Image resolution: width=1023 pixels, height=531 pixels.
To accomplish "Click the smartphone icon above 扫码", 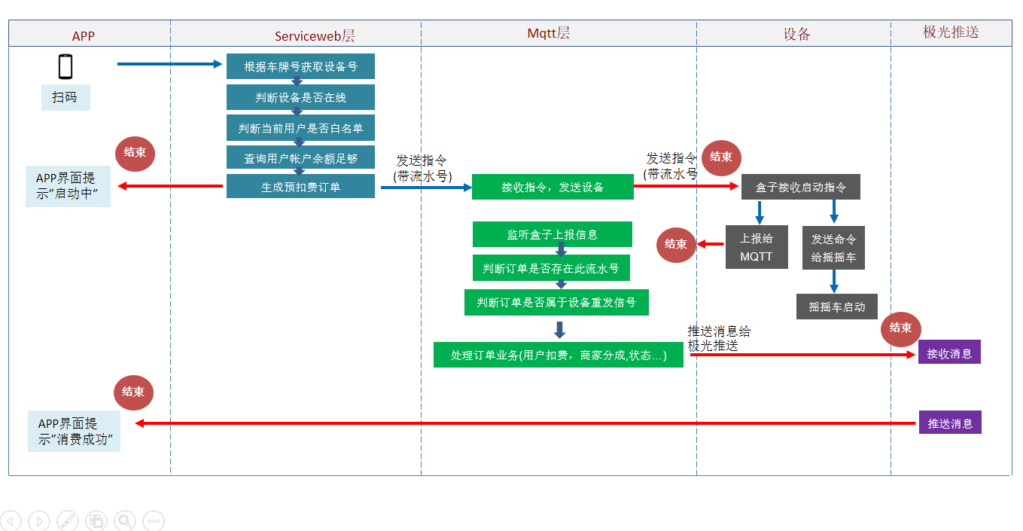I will [x=65, y=66].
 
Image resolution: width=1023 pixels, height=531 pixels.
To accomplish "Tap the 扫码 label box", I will [x=65, y=97].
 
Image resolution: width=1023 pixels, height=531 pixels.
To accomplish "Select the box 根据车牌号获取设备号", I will [x=300, y=66].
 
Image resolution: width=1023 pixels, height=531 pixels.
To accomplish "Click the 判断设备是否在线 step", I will [x=300, y=97].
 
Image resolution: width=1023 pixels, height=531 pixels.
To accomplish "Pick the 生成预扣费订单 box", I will [x=300, y=187].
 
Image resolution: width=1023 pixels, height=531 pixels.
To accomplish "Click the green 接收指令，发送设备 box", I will [x=553, y=187].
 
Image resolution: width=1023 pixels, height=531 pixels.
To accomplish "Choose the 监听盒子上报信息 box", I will [x=553, y=234].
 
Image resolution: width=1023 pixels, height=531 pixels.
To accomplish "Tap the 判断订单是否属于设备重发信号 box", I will [x=556, y=302].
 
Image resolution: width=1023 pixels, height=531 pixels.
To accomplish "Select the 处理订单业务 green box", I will [x=558, y=355].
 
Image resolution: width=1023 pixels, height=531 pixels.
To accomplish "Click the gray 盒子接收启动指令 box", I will [x=800, y=188].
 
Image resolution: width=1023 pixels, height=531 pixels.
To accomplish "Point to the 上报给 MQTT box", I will [x=757, y=247].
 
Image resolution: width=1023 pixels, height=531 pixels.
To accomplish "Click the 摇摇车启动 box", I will [x=837, y=307].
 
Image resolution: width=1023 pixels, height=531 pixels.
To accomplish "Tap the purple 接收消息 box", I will [x=949, y=352].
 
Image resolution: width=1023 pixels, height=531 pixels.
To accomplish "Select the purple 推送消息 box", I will [x=950, y=423].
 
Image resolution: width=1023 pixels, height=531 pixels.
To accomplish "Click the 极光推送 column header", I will [x=950, y=32].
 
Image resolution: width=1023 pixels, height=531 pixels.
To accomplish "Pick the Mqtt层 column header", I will [x=548, y=33].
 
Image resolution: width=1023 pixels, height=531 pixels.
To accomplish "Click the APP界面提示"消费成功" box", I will [x=74, y=431].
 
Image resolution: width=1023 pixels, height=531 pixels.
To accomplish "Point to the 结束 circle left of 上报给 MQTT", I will [x=676, y=244].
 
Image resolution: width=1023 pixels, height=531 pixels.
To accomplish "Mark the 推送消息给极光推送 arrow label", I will [x=718, y=339].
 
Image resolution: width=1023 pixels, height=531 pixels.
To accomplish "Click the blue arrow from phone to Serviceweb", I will [x=170, y=64].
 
